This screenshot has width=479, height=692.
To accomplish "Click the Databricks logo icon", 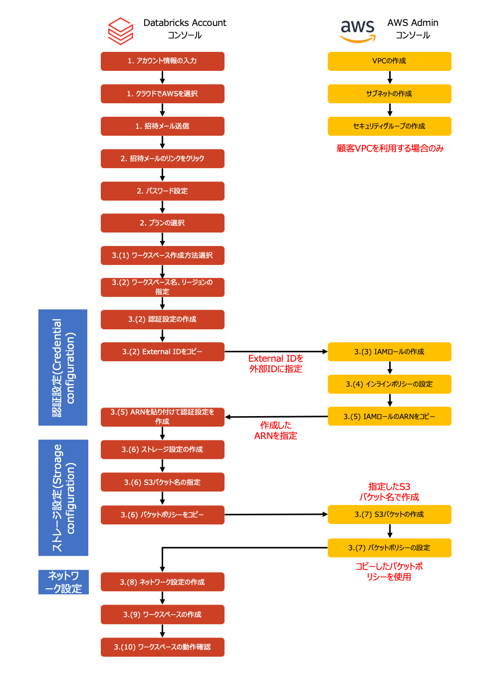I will tap(120, 31).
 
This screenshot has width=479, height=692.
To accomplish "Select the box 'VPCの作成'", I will tap(389, 61).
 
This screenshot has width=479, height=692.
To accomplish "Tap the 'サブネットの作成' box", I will tap(389, 94).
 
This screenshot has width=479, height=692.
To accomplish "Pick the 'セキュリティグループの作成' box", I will tap(389, 126).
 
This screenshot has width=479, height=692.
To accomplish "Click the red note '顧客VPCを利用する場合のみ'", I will tap(390, 148).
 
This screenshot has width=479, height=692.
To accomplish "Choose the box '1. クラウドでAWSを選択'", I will tap(162, 94).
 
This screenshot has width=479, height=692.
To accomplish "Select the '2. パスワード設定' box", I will tap(162, 191).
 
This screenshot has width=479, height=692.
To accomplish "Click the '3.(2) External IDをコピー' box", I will tap(162, 352).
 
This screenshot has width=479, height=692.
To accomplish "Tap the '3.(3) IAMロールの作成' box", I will tap(389, 352).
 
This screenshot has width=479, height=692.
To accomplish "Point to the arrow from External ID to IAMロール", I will tap(276, 352).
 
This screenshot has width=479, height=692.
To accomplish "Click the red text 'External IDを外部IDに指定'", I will tap(276, 364).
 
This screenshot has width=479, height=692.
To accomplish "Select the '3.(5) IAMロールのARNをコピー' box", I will tap(389, 417).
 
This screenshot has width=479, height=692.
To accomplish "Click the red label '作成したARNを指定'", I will tap(275, 431).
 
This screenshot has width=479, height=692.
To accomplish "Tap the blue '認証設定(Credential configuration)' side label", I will tap(63, 368).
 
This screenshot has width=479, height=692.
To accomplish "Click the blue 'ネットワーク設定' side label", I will tap(63, 582).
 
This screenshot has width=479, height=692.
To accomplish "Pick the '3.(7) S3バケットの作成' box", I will tap(389, 514).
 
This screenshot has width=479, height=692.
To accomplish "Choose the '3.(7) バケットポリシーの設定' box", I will tap(389, 548).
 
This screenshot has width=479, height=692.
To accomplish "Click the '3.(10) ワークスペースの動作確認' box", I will tap(162, 647).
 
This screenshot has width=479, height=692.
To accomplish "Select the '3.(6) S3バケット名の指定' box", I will tap(162, 482).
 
